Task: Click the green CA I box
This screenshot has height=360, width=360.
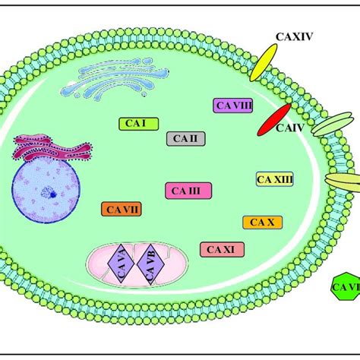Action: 137,123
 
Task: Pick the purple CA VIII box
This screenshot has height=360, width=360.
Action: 233,106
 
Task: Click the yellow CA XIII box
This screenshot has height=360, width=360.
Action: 274,179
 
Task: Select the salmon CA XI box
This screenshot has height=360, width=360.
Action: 221,248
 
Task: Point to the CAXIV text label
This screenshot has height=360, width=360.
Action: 295,36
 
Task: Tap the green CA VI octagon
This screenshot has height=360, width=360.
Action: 345,287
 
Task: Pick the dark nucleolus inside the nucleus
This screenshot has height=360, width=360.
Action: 55,192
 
